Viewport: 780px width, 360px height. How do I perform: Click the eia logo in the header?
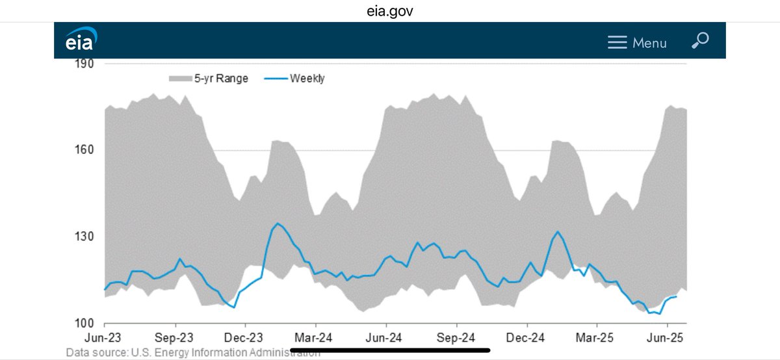(x=81, y=40)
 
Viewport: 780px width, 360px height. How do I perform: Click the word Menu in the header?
(x=649, y=43)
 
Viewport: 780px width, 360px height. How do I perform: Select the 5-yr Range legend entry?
(x=208, y=79)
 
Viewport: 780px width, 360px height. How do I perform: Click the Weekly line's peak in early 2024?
(x=278, y=224)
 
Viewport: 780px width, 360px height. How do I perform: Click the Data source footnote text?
(x=192, y=353)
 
